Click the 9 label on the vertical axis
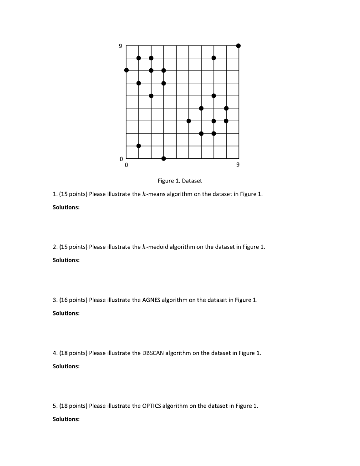click(121, 46)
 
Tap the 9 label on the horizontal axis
click(238, 165)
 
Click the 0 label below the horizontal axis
click(127, 165)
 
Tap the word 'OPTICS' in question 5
click(152, 406)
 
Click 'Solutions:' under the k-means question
click(66, 207)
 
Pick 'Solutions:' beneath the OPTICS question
click(66, 419)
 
